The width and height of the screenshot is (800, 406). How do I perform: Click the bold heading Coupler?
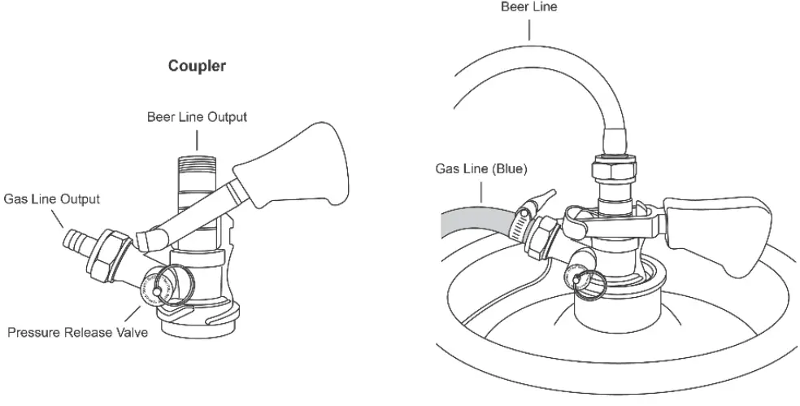click(197, 66)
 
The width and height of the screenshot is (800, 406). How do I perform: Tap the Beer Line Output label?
click(197, 117)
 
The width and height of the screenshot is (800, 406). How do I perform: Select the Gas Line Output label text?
click(52, 199)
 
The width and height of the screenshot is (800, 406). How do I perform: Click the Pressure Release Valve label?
click(78, 333)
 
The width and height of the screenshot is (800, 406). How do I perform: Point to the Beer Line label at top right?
click(529, 7)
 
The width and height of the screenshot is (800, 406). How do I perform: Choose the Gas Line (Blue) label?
click(481, 169)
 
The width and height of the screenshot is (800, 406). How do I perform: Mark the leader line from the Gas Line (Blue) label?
click(481, 192)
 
